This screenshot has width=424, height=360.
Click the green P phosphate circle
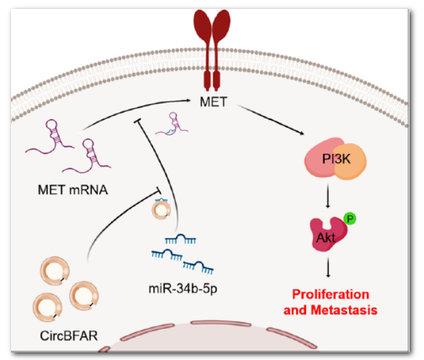350,219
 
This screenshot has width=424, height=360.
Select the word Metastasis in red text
355,310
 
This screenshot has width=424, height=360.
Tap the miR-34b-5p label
176,286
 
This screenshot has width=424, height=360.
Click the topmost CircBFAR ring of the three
56,270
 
